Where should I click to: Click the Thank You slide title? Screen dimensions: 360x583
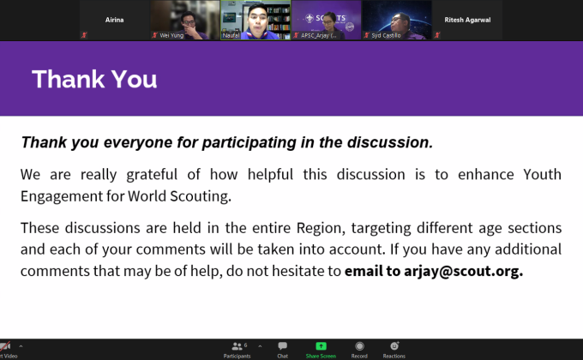point(94,80)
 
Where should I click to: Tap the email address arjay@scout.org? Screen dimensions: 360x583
point(468,271)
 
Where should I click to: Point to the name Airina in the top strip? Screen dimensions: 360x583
point(114,18)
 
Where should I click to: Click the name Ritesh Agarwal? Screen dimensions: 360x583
point(468,18)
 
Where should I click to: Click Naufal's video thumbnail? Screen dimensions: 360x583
point(254,20)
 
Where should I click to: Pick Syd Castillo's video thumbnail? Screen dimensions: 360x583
point(396,20)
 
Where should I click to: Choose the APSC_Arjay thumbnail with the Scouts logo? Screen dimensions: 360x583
point(325,20)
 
